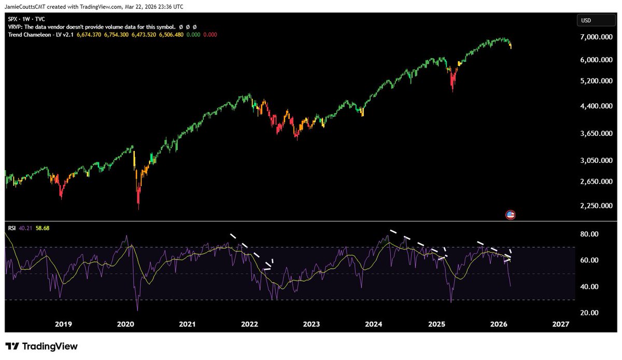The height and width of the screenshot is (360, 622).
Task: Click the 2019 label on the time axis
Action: (63, 324)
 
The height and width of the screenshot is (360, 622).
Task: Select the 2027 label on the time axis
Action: (561, 324)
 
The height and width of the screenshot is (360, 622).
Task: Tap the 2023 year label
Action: (312, 324)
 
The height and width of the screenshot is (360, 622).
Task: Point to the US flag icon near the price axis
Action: (510, 215)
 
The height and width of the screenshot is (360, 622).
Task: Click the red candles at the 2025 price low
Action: (453, 83)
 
